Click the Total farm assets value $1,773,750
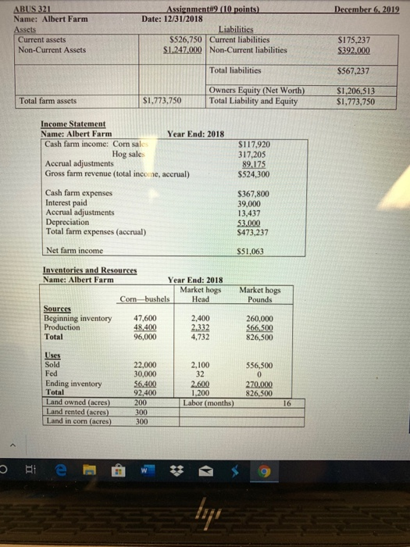tap(163, 101)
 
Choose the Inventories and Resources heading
tap(90, 271)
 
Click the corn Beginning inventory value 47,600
tap(146, 318)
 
